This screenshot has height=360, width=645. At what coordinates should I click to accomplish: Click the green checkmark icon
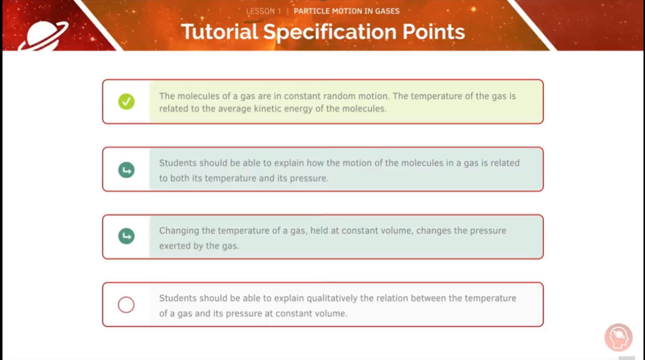(126, 102)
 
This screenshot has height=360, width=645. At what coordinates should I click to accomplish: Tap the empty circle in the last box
(126, 305)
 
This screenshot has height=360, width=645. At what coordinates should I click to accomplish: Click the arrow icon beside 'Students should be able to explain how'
(126, 170)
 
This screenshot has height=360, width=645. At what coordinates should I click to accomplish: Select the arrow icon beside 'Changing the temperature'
(126, 236)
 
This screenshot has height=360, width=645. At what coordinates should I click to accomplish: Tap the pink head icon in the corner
(618, 337)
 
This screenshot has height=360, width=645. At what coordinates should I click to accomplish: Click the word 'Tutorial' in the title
(219, 32)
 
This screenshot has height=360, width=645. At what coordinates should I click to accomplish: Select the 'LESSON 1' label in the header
(264, 11)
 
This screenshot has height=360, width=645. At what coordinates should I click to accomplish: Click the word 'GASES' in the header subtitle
(386, 11)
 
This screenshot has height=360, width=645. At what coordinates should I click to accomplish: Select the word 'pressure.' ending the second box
(309, 178)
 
